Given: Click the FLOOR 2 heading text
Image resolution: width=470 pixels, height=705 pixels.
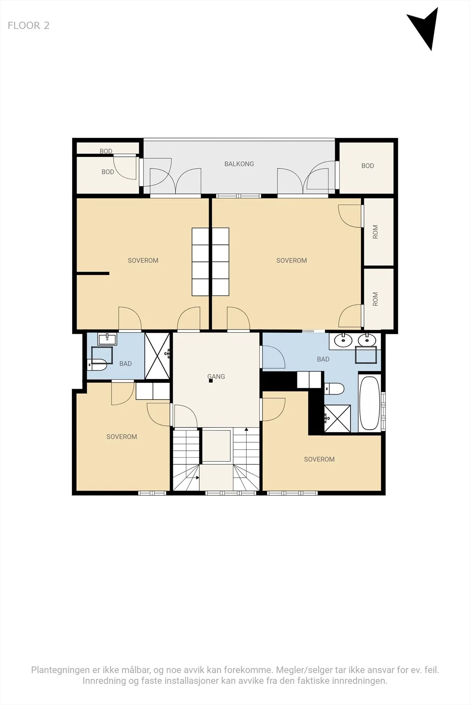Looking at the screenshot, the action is pyautogui.click(x=29, y=26).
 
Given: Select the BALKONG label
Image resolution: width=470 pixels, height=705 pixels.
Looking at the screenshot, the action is pyautogui.click(x=239, y=163).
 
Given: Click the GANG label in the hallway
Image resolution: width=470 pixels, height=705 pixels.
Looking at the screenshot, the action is pyautogui.click(x=216, y=376).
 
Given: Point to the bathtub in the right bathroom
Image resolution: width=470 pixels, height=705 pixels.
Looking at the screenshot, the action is pyautogui.click(x=369, y=403).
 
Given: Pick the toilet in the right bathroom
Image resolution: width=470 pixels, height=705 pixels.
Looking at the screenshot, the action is pyautogui.click(x=334, y=389).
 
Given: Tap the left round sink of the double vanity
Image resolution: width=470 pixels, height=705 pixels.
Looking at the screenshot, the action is pyautogui.click(x=343, y=340).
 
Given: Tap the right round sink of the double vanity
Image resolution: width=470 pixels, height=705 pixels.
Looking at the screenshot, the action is pyautogui.click(x=367, y=340).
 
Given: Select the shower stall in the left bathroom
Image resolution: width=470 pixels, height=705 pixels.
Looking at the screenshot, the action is pyautogui.click(x=157, y=356).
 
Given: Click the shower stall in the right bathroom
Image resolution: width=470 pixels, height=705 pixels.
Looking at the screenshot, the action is pyautogui.click(x=337, y=418).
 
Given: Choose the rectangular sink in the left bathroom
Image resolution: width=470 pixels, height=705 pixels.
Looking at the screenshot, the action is pyautogui.click(x=107, y=339).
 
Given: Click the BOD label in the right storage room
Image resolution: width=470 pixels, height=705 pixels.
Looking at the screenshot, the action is pyautogui.click(x=367, y=166).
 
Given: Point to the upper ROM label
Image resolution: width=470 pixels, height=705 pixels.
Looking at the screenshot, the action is pyautogui.click(x=375, y=232).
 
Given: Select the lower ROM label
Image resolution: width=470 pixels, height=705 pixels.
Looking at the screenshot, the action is pyautogui.click(x=375, y=299).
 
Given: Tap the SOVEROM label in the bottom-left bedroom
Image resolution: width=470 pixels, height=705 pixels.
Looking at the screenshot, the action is pyautogui.click(x=122, y=437).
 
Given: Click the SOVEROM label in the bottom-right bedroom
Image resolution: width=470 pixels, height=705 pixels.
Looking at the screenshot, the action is pyautogui.click(x=319, y=459).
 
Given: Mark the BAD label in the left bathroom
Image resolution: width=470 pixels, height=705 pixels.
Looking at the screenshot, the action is pyautogui.click(x=125, y=364).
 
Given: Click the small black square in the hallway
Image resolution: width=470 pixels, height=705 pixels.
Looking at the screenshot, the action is pyautogui.click(x=211, y=381).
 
